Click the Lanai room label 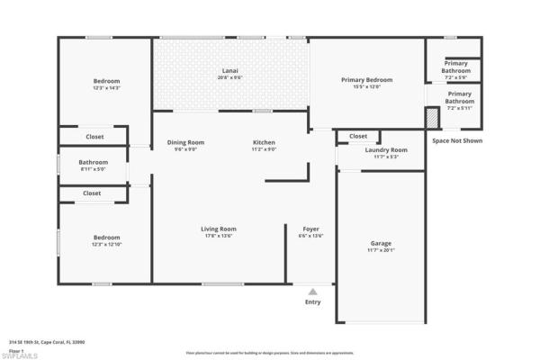pos(231,70)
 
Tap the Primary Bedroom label pos(366,80)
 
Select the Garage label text pos(381,243)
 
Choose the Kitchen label pos(264,142)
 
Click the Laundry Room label pos(386,149)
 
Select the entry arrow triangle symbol pos(312,291)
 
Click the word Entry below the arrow pos(312,302)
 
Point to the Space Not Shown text pos(456,140)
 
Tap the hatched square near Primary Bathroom pos(432,117)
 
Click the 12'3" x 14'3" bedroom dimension pos(106,86)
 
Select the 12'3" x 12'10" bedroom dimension pos(106,244)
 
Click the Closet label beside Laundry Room pos(358,136)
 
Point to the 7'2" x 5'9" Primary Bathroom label pos(454,71)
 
